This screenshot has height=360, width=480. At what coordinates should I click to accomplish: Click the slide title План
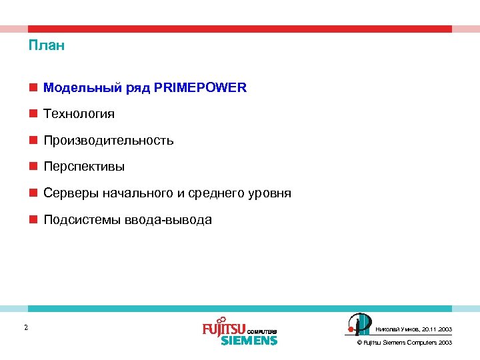[x=47, y=46]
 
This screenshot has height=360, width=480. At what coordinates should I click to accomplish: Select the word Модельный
[x=73, y=87]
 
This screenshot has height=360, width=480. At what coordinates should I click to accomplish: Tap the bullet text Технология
[x=79, y=114]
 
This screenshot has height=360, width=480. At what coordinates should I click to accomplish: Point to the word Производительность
[x=109, y=141]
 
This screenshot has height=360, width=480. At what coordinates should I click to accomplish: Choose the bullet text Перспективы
[x=84, y=167]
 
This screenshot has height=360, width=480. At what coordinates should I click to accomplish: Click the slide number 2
[x=25, y=327]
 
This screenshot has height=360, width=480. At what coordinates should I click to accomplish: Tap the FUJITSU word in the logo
[x=224, y=329]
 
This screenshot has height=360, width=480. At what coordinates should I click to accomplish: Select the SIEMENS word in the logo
[x=249, y=340]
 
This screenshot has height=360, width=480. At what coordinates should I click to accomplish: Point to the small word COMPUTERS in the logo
[x=261, y=331]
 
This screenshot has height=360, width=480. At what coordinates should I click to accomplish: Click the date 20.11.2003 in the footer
[x=437, y=329]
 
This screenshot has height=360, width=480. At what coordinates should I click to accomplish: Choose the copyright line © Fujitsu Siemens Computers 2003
[x=405, y=343]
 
